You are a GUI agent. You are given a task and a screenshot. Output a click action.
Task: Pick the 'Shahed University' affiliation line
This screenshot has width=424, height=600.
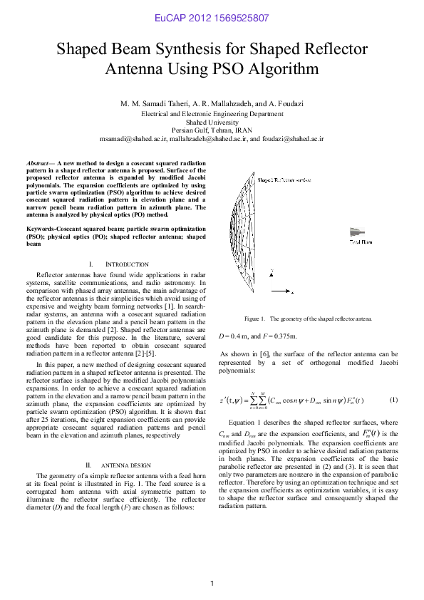[x=212, y=122]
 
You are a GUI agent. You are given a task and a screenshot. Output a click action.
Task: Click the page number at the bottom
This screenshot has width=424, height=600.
[x=212, y=584]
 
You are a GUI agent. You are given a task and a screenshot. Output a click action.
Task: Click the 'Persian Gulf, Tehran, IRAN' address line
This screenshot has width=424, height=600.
[x=212, y=130]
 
